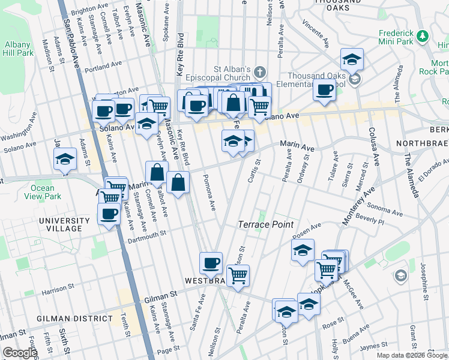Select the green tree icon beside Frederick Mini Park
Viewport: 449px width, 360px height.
pos(423,36)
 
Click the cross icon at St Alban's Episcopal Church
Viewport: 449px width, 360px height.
pos(260,72)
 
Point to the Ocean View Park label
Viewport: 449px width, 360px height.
pos(43,192)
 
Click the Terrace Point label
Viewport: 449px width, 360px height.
pos(265,224)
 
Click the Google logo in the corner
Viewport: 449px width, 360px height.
pos(20,353)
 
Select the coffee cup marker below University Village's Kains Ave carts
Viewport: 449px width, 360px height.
pos(109,214)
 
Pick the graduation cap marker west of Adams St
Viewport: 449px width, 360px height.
pos(64,159)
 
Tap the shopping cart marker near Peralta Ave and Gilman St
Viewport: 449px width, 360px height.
pos(238,276)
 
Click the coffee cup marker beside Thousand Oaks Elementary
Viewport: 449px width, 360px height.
pos(325,90)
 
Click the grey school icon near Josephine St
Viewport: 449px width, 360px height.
pos(400,275)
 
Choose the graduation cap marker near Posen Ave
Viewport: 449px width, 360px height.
pos(303,251)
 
